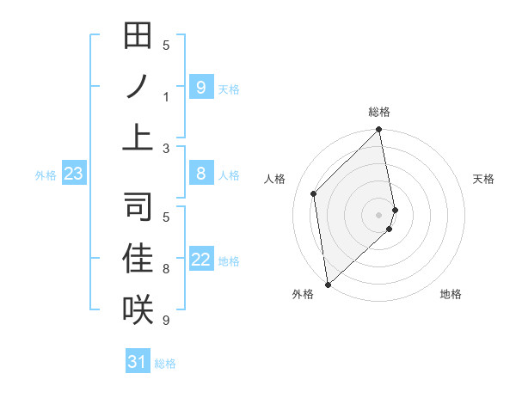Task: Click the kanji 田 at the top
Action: (x=138, y=37)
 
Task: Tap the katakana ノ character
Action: (x=138, y=87)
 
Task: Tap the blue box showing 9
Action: (x=200, y=87)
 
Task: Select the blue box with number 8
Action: (x=200, y=174)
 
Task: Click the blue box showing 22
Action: (x=200, y=260)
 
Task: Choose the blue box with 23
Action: (x=73, y=174)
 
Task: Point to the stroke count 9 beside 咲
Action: (x=166, y=321)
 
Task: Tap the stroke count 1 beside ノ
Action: (x=166, y=97)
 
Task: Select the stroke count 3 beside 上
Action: (x=166, y=148)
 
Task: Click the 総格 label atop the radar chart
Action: (x=379, y=112)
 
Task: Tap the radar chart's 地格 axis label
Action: (x=451, y=294)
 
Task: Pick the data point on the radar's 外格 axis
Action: (x=328, y=285)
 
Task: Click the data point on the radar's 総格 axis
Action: (x=379, y=131)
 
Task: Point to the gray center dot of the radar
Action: (x=379, y=214)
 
